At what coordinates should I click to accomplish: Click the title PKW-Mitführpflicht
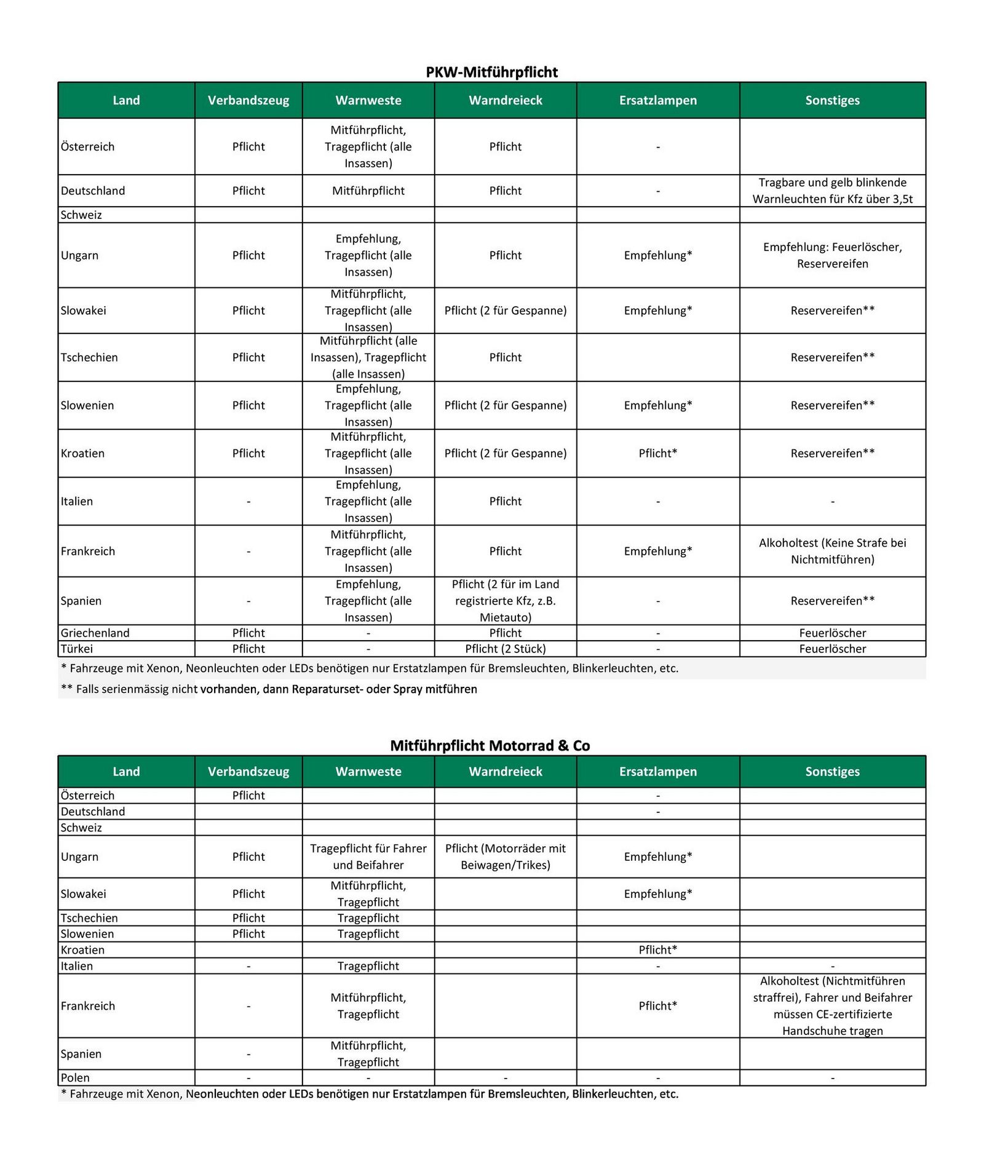pos(491,72)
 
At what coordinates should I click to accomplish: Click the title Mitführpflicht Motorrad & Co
pos(490,745)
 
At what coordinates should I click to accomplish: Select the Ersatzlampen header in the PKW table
pos(657,100)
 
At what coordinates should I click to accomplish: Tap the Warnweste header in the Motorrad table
pos(368,771)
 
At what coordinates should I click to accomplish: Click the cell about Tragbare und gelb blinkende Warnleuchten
pos(832,191)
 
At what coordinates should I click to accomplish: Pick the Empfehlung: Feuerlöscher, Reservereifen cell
pos(832,255)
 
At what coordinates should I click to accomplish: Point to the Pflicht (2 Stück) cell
pos(505,649)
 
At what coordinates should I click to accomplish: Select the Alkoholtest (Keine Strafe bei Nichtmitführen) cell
pos(832,551)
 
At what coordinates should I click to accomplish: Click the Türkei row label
pos(77,649)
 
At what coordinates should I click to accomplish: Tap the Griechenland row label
pos(95,633)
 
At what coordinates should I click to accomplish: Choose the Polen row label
pos(75,1077)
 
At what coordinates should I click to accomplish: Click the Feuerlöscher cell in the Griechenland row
pos(832,633)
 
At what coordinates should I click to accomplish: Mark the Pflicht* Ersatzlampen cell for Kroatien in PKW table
pos(657,453)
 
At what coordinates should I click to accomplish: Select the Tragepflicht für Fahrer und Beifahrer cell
pos(368,857)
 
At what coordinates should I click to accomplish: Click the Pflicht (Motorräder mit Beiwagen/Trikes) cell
pos(505,857)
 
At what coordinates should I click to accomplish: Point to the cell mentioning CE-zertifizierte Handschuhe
pos(832,1005)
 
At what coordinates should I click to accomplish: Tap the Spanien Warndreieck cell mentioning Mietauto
pos(505,601)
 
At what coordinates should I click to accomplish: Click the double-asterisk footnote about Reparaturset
pos(269,689)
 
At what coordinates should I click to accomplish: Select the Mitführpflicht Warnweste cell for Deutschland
pos(368,191)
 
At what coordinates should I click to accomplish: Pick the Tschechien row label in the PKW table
pos(89,357)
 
